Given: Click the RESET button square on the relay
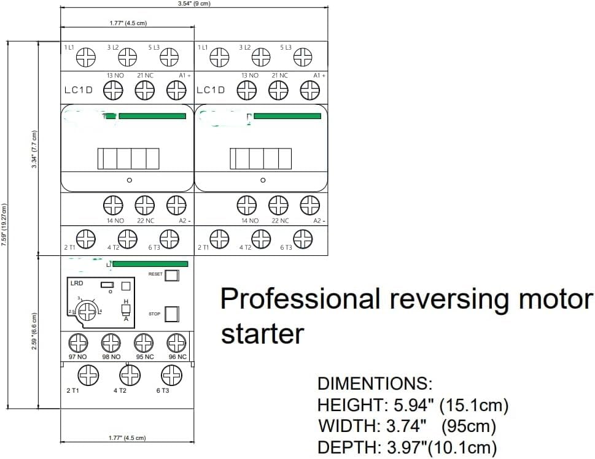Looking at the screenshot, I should (x=173, y=275).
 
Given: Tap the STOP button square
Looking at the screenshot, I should (x=173, y=314).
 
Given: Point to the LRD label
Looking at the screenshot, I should (x=77, y=283).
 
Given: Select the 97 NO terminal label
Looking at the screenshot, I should (x=77, y=357).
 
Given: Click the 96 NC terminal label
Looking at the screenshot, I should (x=177, y=357).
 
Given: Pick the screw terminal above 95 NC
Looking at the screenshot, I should (x=144, y=342).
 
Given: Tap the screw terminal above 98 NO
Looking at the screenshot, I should (x=111, y=342).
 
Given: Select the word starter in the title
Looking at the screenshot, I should (x=262, y=334).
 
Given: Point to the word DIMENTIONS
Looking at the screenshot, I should (x=375, y=385).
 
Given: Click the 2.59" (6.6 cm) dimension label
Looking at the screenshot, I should (x=35, y=332).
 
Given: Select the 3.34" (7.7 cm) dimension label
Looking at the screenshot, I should (x=35, y=150).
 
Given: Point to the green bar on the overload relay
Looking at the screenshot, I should (x=150, y=264).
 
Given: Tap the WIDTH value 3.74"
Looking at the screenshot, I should (x=403, y=426).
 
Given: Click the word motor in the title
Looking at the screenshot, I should (x=555, y=299).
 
